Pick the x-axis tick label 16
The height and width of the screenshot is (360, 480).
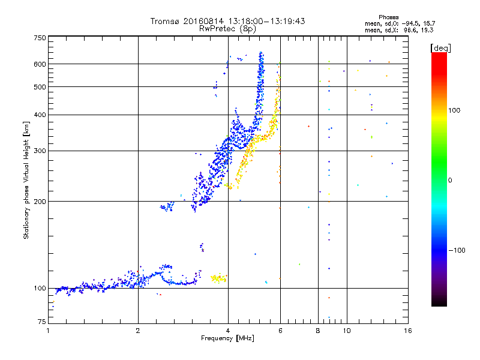pos(407,331)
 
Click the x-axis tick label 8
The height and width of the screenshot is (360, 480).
pos(318,331)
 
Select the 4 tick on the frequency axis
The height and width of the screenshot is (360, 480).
pos(228,331)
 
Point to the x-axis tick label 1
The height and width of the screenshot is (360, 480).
pos(48,331)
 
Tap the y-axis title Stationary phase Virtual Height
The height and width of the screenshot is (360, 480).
pos(26,180)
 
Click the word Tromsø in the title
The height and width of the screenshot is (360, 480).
pos(165,21)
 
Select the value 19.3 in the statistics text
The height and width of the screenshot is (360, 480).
pos(427,29)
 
